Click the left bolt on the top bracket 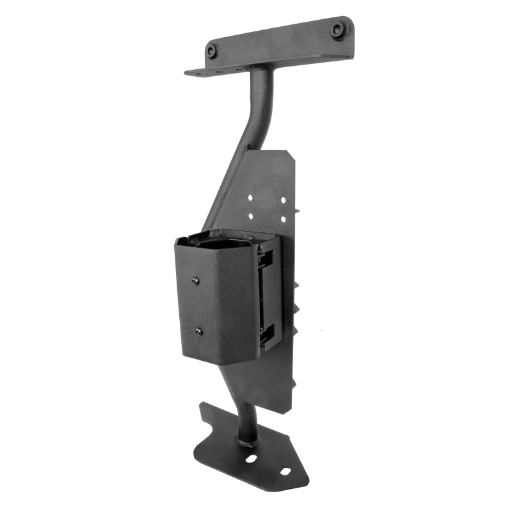212,51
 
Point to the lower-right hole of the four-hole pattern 282,219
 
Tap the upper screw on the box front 196,280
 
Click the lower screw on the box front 198,331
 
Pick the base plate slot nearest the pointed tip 285,472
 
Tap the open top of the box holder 224,241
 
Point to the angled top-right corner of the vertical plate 289,154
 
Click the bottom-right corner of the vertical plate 291,410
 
